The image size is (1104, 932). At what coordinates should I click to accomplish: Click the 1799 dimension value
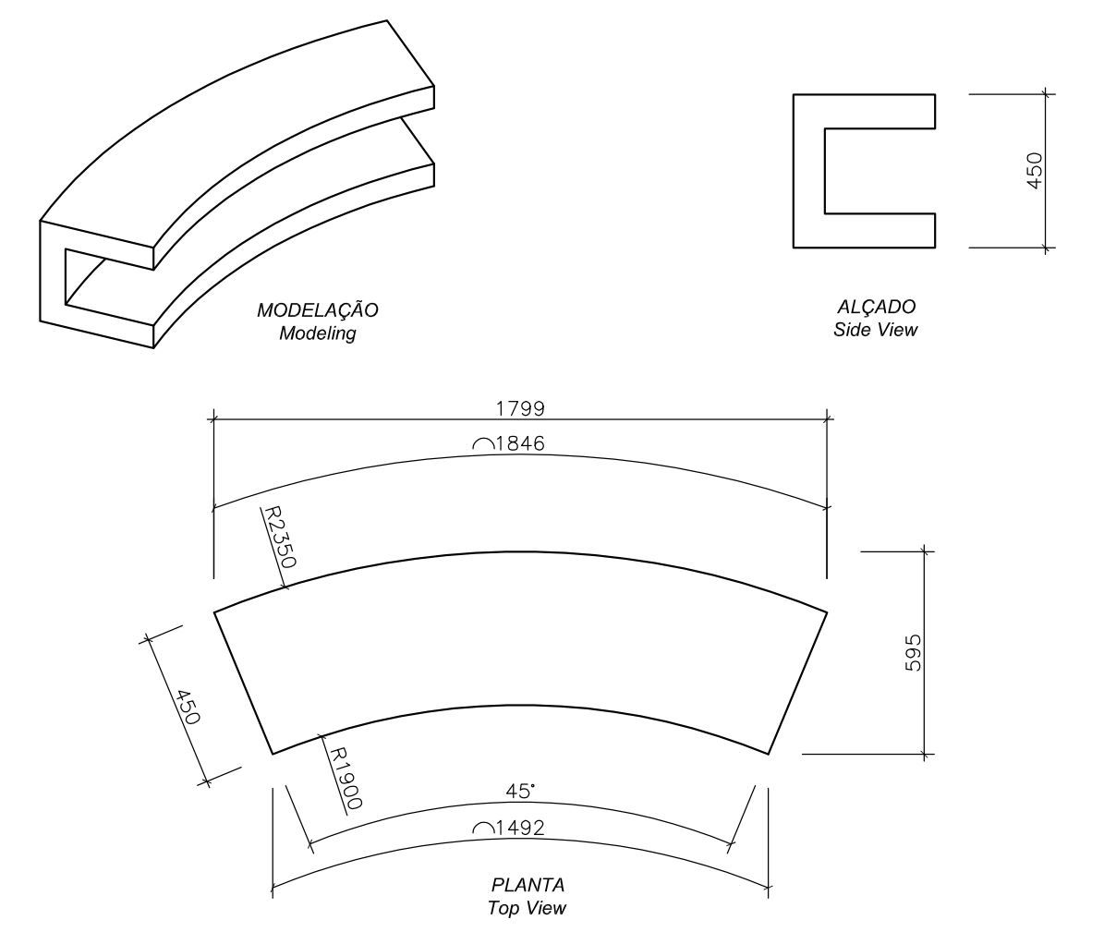tap(519, 407)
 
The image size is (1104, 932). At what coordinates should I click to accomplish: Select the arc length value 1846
tap(519, 444)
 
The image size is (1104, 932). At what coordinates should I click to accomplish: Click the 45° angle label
tap(520, 792)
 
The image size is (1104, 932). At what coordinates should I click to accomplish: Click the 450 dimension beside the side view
tap(1035, 171)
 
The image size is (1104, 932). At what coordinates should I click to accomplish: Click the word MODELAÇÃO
tap(318, 311)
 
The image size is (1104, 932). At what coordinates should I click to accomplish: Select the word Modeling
tap(318, 333)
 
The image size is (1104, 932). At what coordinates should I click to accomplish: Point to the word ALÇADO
tap(876, 307)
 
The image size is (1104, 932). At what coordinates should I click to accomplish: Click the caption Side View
tap(876, 330)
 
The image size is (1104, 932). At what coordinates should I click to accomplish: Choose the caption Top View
tap(528, 908)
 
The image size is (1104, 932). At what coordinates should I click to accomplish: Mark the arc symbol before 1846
tap(482, 445)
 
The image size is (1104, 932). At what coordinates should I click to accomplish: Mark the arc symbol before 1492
tap(482, 829)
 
